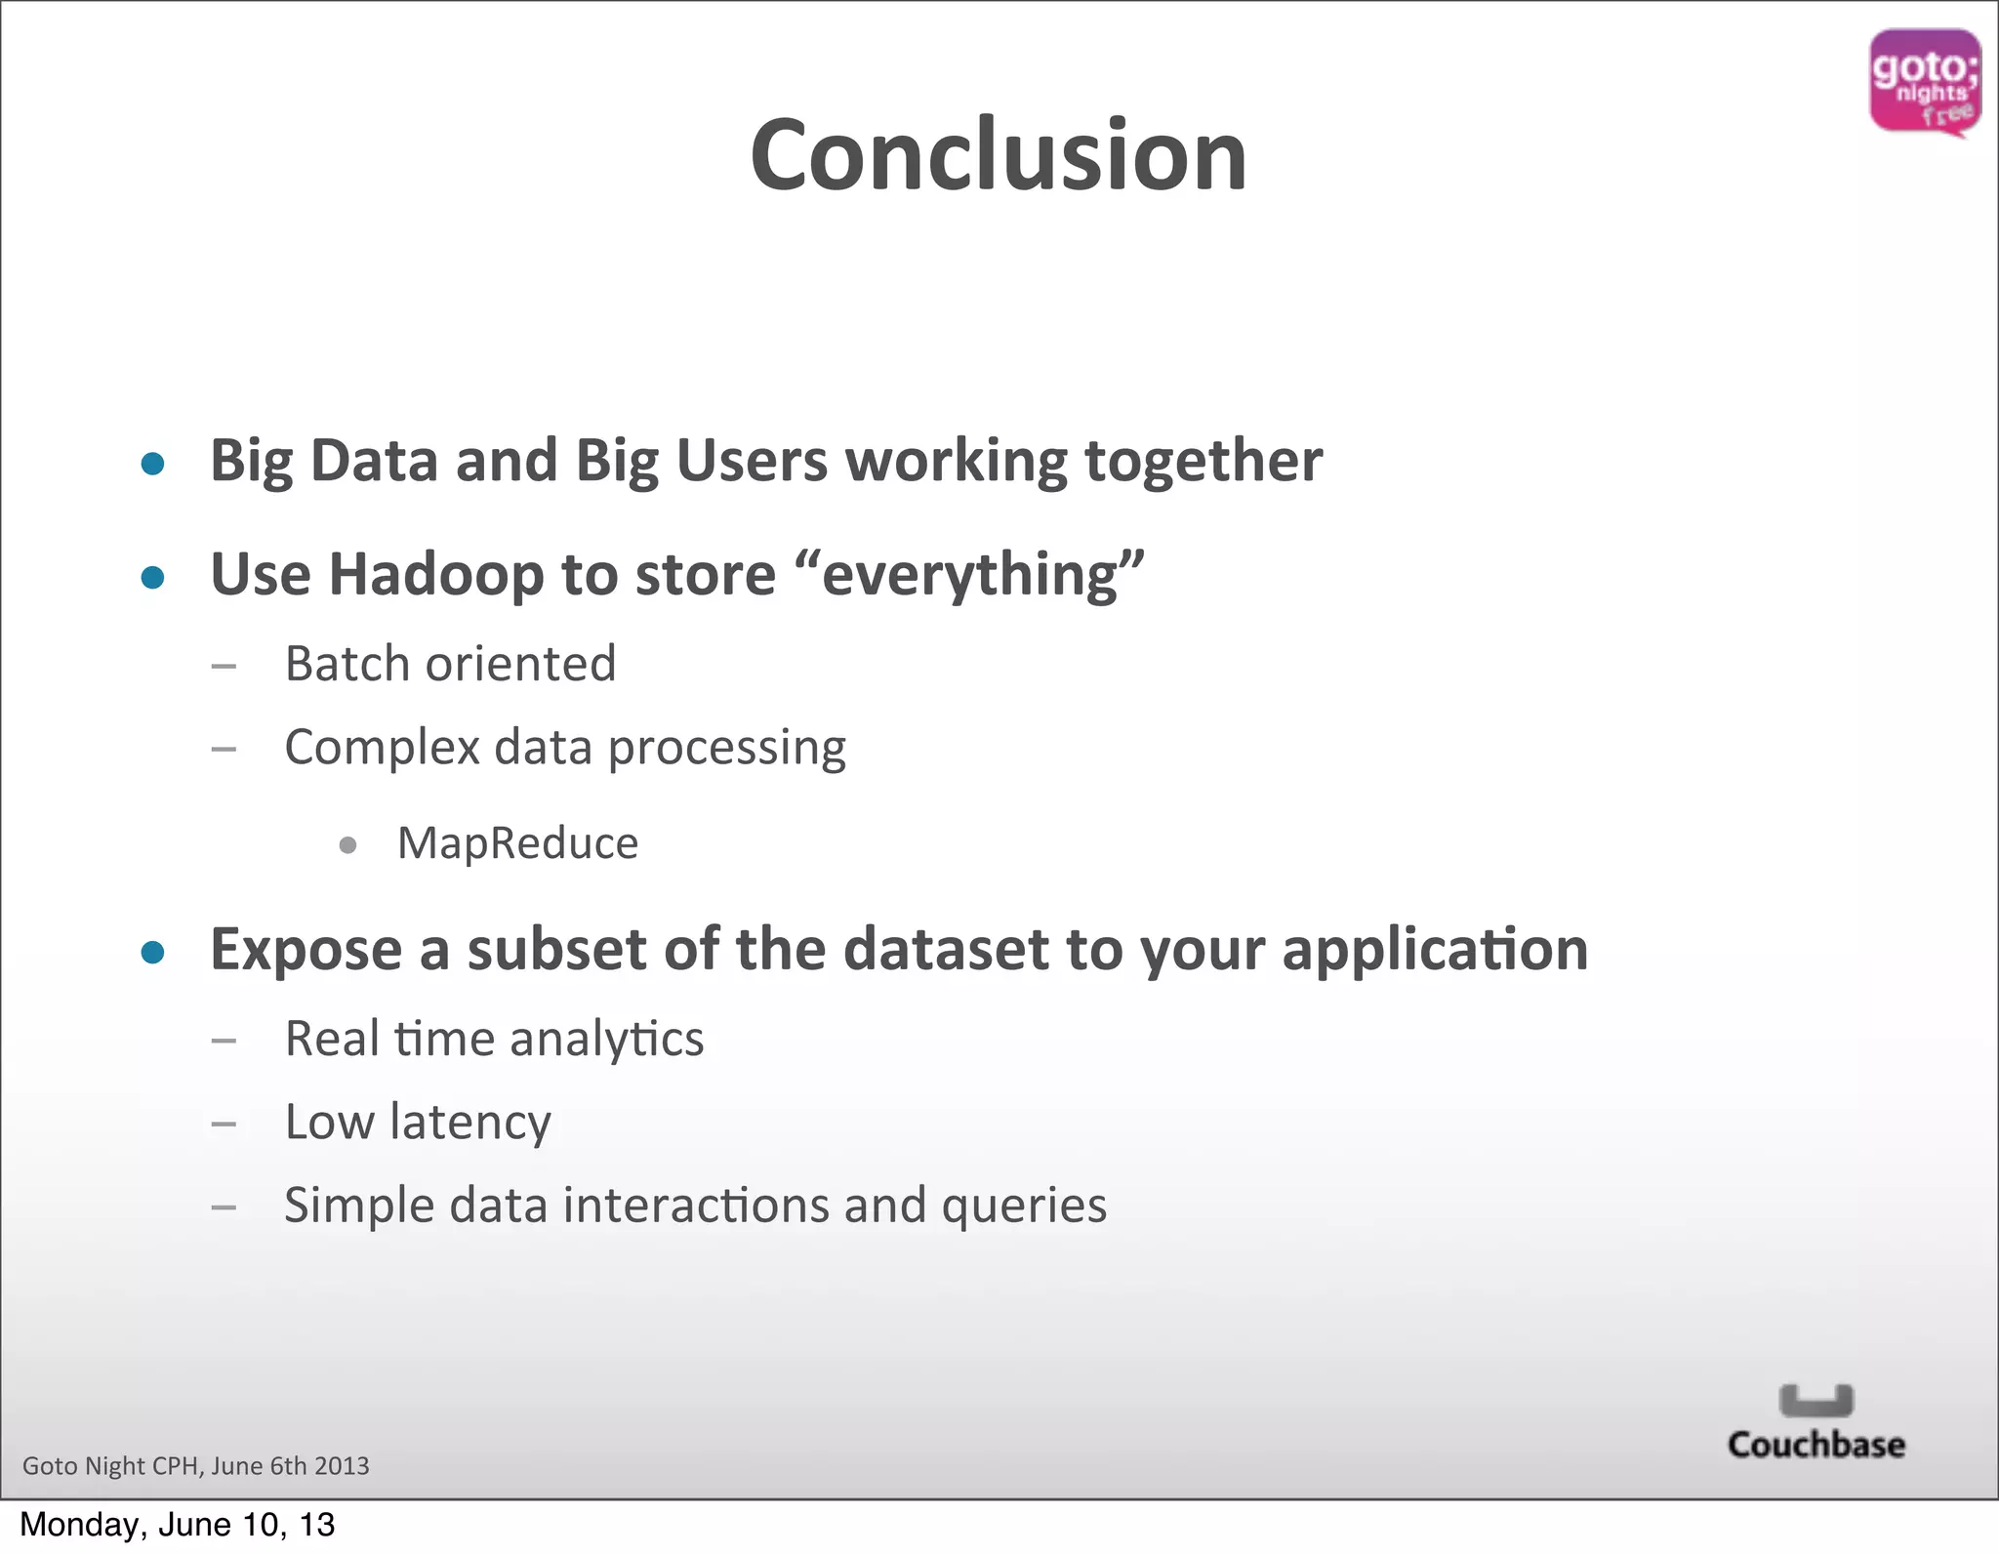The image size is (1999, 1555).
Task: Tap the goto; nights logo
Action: coord(1924,83)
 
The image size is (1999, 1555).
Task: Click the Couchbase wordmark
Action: coord(1815,1445)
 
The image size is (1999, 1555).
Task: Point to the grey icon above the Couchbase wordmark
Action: coord(1815,1401)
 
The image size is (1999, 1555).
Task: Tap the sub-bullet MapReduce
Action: coord(517,843)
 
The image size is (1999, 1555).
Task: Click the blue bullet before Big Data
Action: coord(152,463)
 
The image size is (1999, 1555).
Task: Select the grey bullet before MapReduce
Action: coord(347,845)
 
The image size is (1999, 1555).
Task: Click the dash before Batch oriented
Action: coord(224,667)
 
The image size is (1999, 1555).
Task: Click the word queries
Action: coord(1024,1206)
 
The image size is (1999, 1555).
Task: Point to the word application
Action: coord(1435,950)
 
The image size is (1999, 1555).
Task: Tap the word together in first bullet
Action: coord(1203,461)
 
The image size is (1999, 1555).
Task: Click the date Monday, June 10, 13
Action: coord(177,1525)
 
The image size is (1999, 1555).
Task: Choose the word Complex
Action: coord(382,749)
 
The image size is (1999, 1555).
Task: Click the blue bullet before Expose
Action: coord(152,952)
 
